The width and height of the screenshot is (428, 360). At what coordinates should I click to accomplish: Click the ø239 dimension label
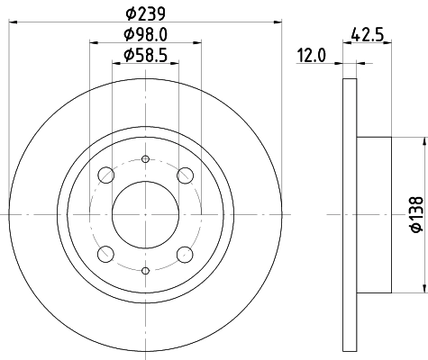145,13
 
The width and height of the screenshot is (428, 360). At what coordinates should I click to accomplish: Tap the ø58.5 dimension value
145,57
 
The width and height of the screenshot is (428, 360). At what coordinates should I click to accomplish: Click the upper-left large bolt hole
106,175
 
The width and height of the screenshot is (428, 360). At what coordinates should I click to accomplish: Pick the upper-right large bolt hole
186,175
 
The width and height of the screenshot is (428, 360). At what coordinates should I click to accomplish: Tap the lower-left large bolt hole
106,254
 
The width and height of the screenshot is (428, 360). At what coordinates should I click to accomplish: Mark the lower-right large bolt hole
186,254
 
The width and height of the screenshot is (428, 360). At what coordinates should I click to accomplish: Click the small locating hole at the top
146,158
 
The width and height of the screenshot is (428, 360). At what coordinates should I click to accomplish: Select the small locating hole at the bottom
146,270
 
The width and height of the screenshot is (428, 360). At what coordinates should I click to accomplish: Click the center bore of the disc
146,214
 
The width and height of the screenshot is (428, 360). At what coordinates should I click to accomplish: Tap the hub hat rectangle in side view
374,214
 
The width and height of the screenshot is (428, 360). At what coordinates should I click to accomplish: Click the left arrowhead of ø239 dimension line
15,22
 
